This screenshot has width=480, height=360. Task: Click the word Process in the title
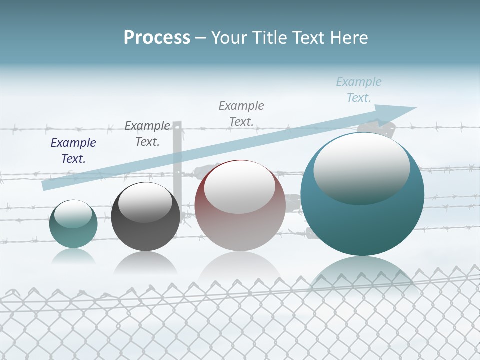[157, 38]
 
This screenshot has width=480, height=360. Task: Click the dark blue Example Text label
[73, 151]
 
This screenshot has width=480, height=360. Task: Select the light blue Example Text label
[358, 90]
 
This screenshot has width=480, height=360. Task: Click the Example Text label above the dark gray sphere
[147, 133]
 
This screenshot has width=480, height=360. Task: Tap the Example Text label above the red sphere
[241, 113]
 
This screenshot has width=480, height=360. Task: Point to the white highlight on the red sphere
[239, 186]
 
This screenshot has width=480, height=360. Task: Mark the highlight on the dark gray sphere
[145, 202]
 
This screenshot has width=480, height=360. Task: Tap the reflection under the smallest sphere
[73, 256]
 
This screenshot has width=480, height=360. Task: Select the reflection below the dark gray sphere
[145, 262]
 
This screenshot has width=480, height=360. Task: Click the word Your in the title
[231, 38]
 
